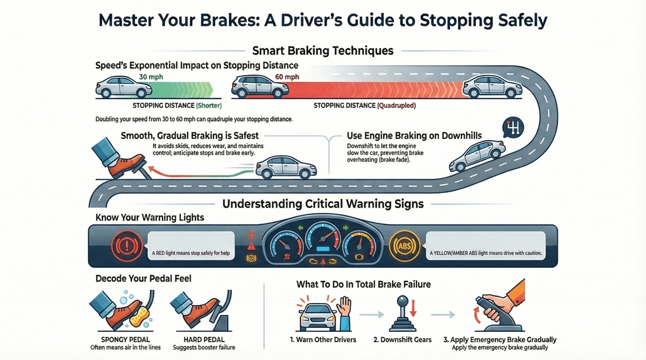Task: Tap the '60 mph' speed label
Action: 287,77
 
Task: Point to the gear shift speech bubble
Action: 513,127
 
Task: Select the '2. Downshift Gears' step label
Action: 403,339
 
